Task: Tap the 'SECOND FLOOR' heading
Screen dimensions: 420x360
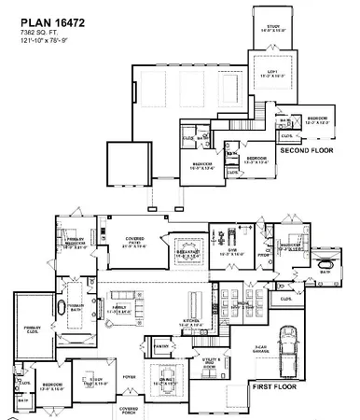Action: (x=307, y=149)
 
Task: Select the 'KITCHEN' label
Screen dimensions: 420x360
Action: (x=191, y=320)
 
